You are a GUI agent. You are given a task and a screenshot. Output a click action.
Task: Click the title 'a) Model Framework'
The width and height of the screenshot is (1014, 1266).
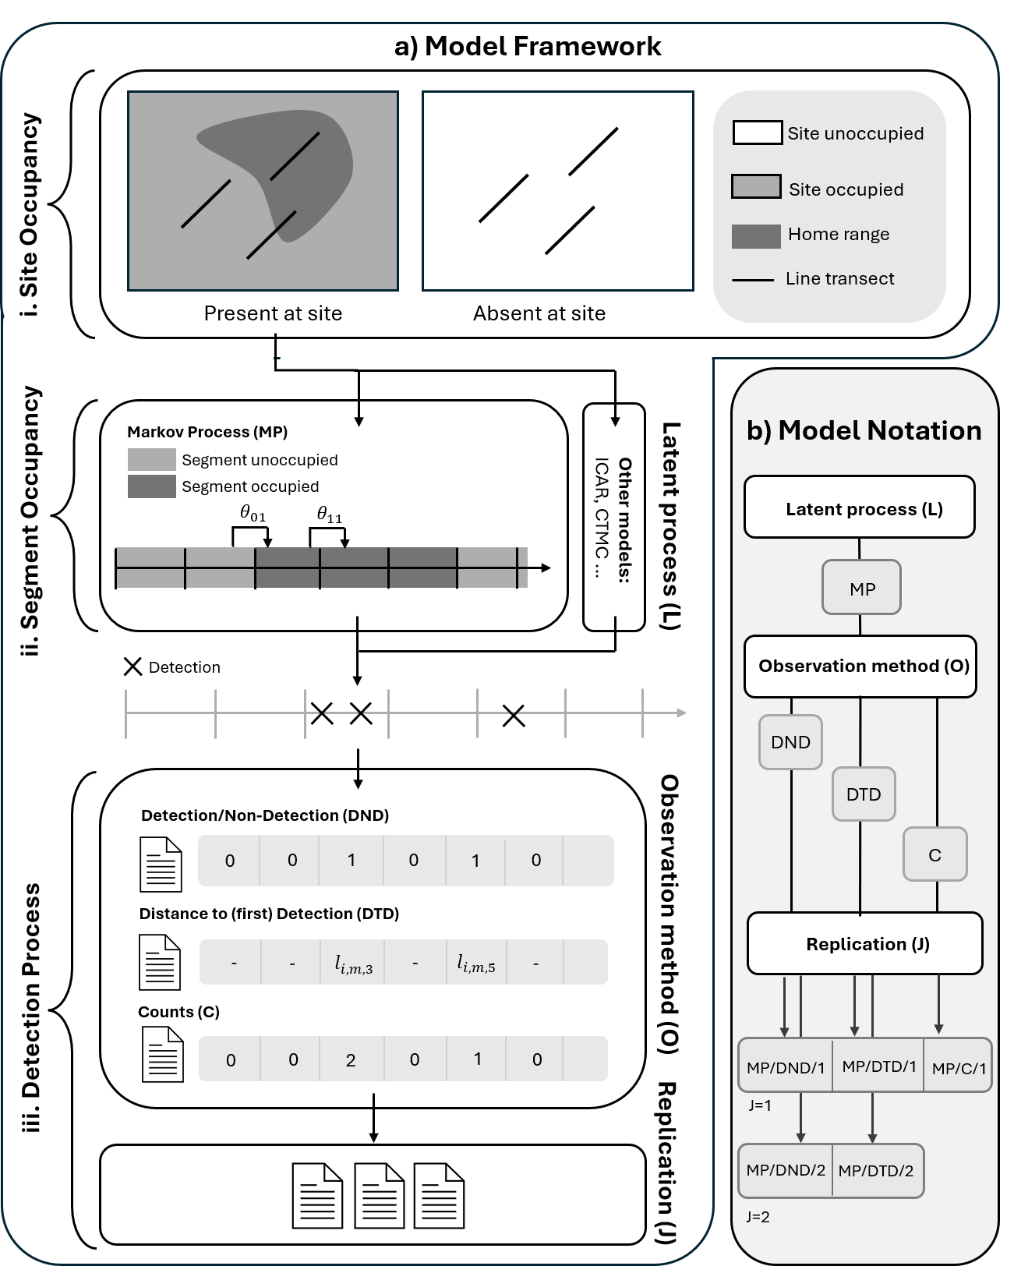pos(528,46)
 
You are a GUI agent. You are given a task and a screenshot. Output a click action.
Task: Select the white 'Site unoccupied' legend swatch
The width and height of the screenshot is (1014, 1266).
pos(757,133)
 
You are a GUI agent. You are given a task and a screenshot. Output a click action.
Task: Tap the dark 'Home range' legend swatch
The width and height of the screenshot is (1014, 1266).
pos(756,236)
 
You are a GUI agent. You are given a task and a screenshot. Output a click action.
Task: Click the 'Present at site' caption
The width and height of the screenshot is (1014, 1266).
pos(273,313)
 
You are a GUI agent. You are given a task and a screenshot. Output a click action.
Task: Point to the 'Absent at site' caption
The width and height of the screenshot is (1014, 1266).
pos(539,313)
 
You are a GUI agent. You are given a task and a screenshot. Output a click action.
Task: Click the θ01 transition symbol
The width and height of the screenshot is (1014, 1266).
pos(253,514)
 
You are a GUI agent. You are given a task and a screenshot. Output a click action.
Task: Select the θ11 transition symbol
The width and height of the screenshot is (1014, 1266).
pos(329,514)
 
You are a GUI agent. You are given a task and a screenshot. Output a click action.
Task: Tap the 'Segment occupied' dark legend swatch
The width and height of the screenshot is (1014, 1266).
pos(151,486)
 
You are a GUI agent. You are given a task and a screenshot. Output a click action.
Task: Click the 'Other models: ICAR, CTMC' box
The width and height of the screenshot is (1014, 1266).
pos(614,517)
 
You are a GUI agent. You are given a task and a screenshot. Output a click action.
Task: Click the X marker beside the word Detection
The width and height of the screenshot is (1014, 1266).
pos(133,667)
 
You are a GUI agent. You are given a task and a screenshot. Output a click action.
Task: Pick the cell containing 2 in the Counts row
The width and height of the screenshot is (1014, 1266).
pos(351,1059)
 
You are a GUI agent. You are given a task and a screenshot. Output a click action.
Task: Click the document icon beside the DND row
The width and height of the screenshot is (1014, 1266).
pos(161,864)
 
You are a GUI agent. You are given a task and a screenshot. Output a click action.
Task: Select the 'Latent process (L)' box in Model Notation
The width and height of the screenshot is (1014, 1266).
pos(860,507)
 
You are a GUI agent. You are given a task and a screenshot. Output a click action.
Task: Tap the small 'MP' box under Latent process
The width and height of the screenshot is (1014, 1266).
pos(862,588)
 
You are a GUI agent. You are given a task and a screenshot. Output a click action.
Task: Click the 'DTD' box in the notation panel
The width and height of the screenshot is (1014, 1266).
pos(864,794)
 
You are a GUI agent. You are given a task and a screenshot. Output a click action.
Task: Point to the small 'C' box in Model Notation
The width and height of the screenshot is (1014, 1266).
pos(935,854)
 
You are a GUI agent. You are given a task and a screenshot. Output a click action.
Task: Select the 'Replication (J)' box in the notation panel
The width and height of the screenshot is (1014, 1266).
pos(865,943)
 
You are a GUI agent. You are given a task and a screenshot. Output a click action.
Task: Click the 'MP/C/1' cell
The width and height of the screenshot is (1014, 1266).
pos(958,1067)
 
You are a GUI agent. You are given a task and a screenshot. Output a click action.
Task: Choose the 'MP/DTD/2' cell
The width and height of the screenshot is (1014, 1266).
pos(876,1170)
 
